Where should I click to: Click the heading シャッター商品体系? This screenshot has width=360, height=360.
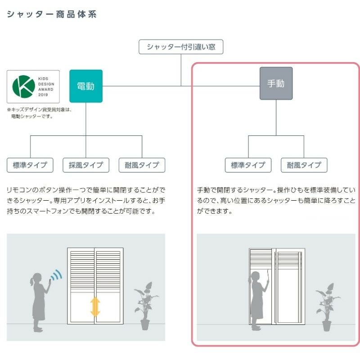(x=52, y=14)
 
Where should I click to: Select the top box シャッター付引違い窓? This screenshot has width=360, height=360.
(x=181, y=47)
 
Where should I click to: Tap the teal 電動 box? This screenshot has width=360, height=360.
(x=86, y=86)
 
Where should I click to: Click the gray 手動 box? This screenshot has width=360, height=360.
(x=276, y=84)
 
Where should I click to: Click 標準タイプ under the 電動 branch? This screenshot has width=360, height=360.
(x=30, y=165)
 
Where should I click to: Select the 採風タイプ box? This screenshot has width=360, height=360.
(x=86, y=165)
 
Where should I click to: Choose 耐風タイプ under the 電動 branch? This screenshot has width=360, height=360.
(x=142, y=165)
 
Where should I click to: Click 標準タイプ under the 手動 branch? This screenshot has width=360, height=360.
(x=248, y=165)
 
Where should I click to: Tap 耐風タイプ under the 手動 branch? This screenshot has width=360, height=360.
(x=304, y=165)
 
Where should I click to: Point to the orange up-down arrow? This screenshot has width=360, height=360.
(x=95, y=306)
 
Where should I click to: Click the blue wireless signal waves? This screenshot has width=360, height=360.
(x=56, y=275)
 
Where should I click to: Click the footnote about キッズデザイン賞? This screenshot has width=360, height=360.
(x=39, y=113)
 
